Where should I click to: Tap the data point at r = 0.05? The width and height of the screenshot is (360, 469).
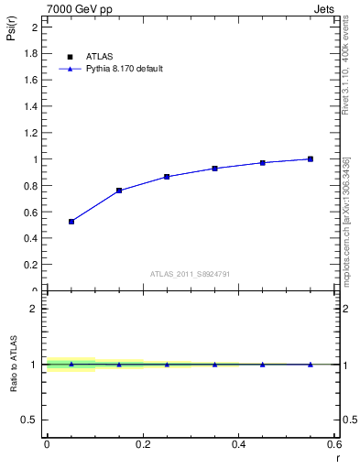pos(71,222)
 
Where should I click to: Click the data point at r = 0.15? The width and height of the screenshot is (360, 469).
pos(119,191)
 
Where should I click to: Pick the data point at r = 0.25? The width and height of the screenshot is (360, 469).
pos(167,177)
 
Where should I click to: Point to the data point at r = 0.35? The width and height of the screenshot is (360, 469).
pos(214,169)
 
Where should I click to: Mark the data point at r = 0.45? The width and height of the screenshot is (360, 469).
pos(263,163)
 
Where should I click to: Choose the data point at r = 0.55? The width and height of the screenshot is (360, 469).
pos(311,159)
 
